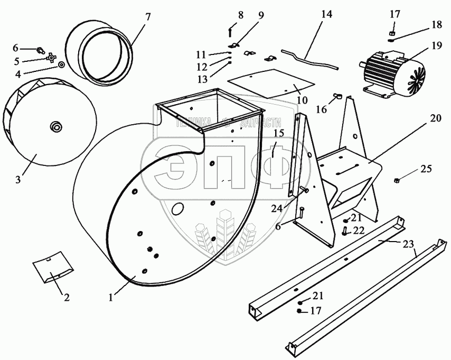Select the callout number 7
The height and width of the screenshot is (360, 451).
pyautogui.click(x=147, y=16)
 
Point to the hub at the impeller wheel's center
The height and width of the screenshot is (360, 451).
pyautogui.click(x=55, y=126)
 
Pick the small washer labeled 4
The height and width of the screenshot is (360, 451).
pyautogui.click(x=62, y=64)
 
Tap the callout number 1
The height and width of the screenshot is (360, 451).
pyautogui.click(x=110, y=298)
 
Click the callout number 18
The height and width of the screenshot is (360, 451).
pyautogui.click(x=437, y=25)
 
